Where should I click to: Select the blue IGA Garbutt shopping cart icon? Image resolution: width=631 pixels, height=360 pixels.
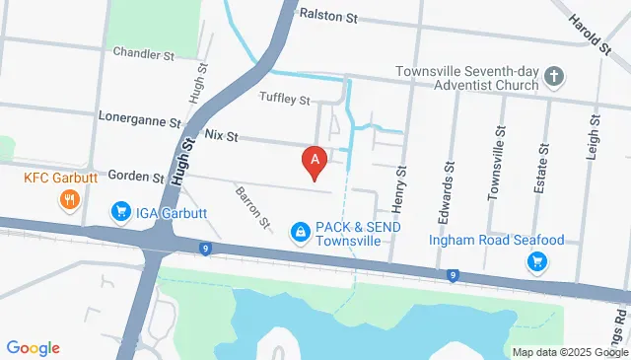pyautogui.click(x=121, y=211)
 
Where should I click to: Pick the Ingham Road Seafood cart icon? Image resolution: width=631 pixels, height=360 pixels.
pyautogui.click(x=537, y=261)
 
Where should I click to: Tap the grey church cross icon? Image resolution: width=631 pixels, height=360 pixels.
pyautogui.click(x=555, y=76)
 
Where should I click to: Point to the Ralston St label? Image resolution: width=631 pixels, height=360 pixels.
pyautogui.click(x=329, y=17)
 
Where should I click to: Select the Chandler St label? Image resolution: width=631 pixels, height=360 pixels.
pyautogui.click(x=143, y=52)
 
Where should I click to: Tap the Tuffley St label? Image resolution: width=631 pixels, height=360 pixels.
pyautogui.click(x=285, y=99)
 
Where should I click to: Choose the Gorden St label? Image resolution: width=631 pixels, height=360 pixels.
pyautogui.click(x=136, y=177)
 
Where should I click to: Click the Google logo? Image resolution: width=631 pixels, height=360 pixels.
pyautogui.click(x=33, y=347)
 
